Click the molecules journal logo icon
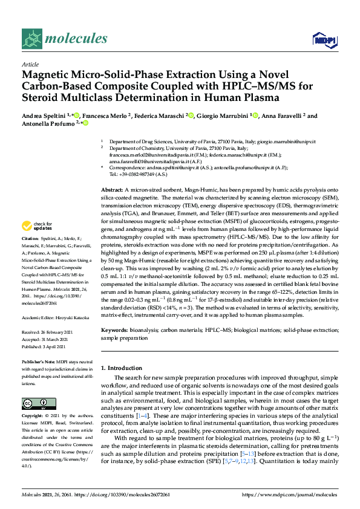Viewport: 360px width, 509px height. pyautogui.click(x=32, y=39)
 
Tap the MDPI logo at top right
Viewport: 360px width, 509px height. pyautogui.click(x=324, y=40)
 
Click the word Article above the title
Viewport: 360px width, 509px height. pyautogui.click(x=30, y=63)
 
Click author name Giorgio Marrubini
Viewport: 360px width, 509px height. pyautogui.click(x=223, y=116)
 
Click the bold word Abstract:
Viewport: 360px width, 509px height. pyautogui.click(x=113, y=190)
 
